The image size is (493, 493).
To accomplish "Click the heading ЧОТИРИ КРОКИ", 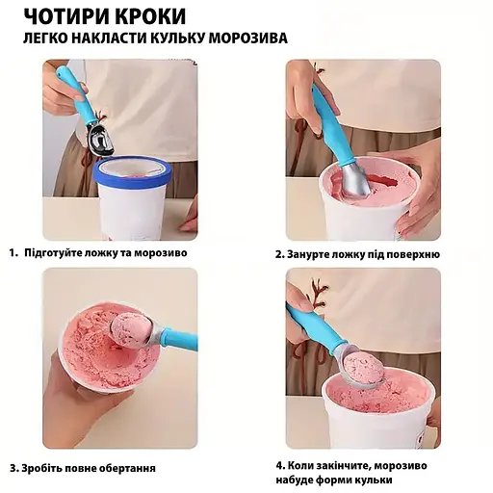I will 103,16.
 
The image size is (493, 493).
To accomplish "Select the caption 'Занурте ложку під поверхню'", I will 364,254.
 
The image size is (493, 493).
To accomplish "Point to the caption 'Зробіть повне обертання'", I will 90,468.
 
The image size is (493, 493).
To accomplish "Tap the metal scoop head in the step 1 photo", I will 99,142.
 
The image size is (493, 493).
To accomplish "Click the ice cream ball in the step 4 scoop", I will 362,366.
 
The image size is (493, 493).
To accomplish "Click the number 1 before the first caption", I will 13,253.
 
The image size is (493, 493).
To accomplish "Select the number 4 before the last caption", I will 279,463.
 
